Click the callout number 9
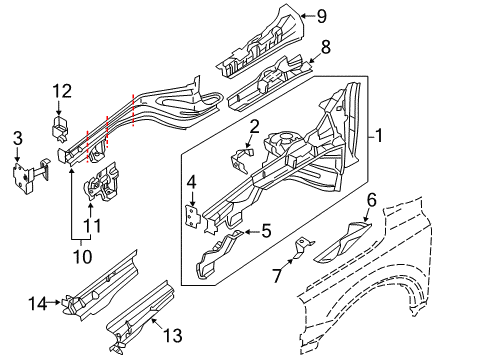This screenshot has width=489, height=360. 322,14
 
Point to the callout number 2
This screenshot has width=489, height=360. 255,126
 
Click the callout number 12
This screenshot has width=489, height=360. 61,92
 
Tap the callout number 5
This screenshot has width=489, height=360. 266,232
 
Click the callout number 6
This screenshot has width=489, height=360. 371,200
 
